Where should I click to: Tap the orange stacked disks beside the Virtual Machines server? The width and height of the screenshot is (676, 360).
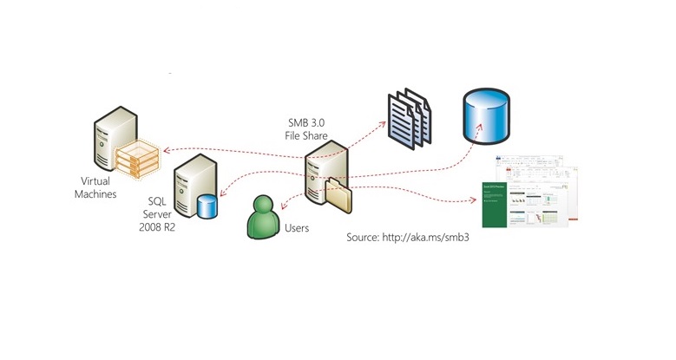[x=140, y=157]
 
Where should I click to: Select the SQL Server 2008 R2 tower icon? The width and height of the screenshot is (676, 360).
[x=189, y=189]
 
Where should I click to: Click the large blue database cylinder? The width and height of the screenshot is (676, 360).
[x=485, y=112]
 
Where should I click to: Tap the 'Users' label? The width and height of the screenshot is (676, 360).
[x=297, y=230]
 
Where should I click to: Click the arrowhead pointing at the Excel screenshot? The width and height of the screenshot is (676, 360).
[x=476, y=201]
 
